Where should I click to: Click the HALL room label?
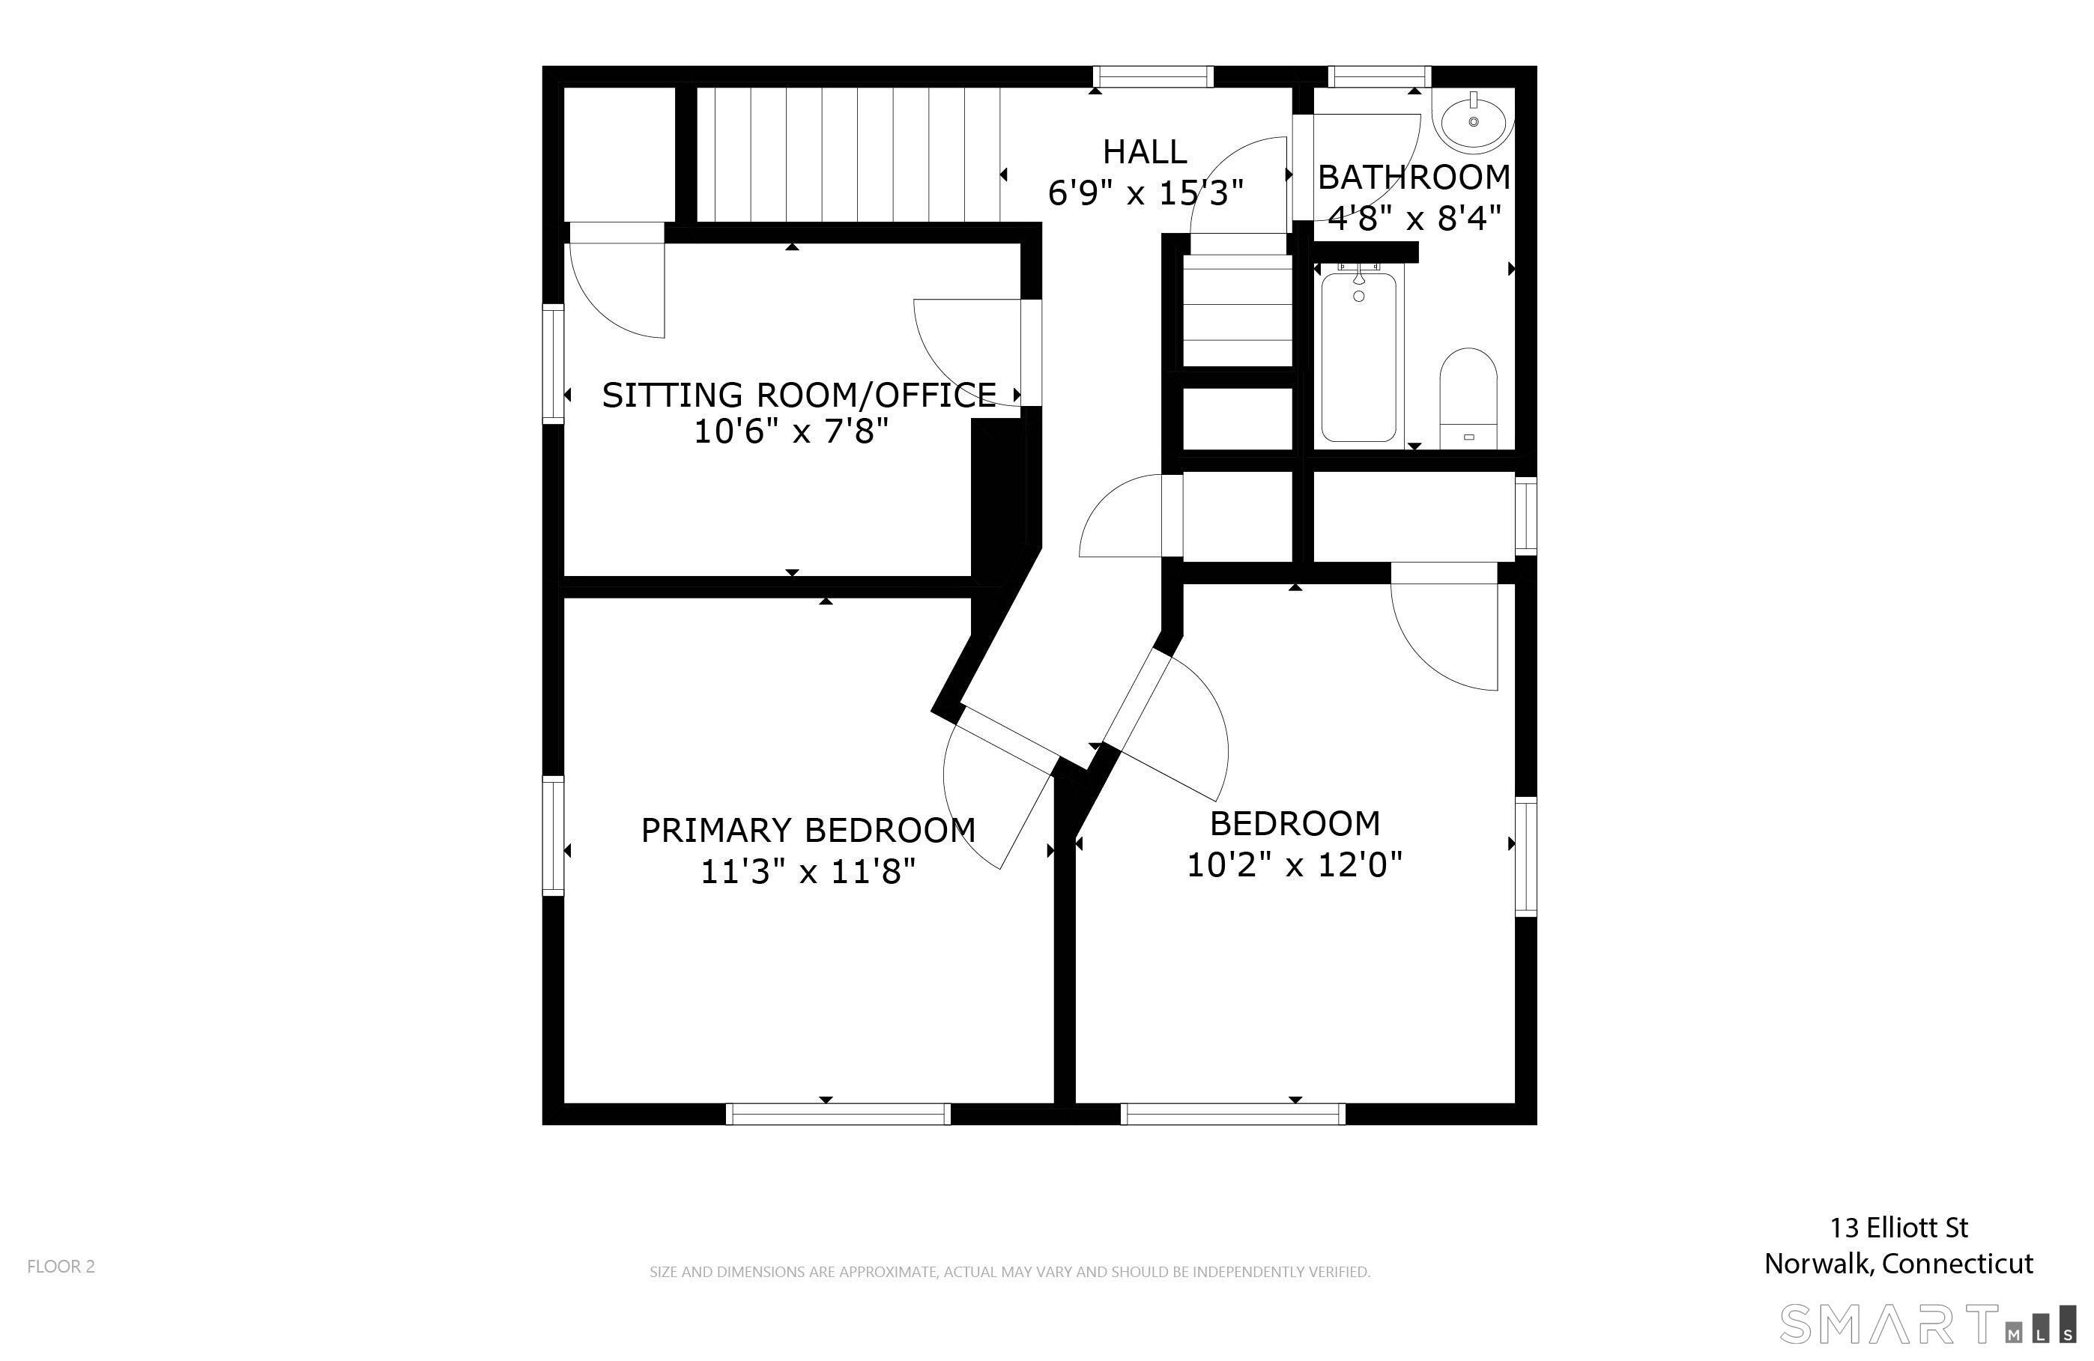1144,152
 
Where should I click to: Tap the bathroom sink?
1473,121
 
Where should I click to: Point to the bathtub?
1358,357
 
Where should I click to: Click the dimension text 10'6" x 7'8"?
791,432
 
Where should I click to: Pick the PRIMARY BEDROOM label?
808,831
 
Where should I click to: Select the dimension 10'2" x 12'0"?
1293,865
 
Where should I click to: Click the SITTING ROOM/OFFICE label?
798,395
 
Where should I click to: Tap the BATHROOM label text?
1413,178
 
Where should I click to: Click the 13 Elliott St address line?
1898,1227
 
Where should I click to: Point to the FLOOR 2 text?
61,1266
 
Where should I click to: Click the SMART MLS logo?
1927,1325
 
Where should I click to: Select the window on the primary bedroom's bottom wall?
838,1114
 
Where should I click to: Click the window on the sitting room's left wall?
553,363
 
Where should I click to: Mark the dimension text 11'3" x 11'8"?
808,872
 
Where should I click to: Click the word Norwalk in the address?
1820,1264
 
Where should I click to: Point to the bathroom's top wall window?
1379,77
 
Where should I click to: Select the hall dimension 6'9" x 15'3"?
1145,193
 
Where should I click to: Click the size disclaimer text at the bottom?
1009,1271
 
